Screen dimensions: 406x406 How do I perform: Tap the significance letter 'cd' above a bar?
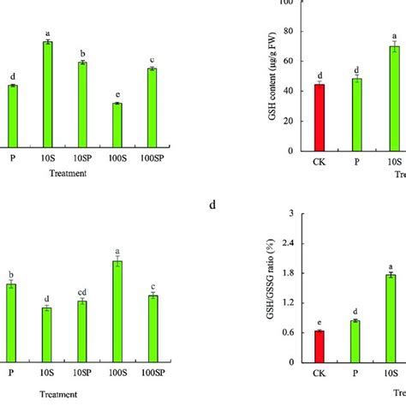(x=82, y=293)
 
